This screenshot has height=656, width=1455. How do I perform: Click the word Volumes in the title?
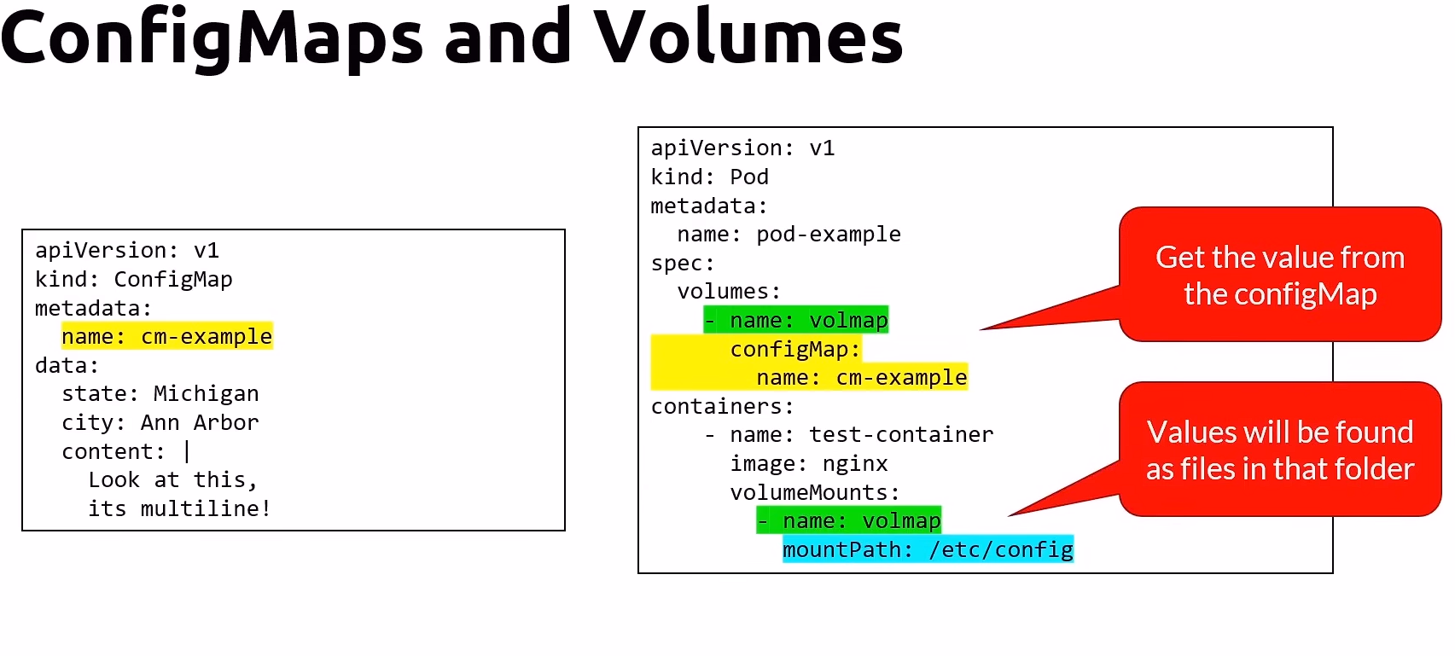(x=748, y=38)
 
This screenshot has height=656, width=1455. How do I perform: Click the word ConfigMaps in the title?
(x=212, y=38)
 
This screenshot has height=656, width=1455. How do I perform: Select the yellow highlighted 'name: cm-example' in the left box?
(x=166, y=337)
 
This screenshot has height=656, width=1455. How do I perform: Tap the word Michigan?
(x=206, y=394)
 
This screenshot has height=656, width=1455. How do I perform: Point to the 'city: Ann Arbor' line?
(x=160, y=423)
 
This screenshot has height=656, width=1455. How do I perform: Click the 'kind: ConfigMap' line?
(x=133, y=280)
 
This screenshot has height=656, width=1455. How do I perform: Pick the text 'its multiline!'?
(x=179, y=509)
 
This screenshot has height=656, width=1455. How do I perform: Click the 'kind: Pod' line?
(x=709, y=177)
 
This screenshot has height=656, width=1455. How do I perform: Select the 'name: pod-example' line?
(x=789, y=235)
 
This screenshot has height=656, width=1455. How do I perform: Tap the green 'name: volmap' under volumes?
(x=796, y=321)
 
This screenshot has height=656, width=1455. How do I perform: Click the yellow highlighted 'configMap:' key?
(x=794, y=350)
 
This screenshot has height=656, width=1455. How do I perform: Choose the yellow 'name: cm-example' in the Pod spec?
(x=861, y=378)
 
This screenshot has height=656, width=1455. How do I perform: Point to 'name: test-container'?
(x=861, y=435)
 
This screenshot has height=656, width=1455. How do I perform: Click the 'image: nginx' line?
(x=808, y=464)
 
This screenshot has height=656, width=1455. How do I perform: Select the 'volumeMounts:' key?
(x=814, y=493)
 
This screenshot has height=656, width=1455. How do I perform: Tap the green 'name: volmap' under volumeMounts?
(x=849, y=521)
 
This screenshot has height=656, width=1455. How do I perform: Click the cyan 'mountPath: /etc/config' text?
(x=928, y=550)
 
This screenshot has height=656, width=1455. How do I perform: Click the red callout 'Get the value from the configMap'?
(x=1279, y=276)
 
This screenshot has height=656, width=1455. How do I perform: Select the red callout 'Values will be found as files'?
(x=1279, y=450)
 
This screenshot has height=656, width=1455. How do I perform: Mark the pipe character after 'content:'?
(x=187, y=451)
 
